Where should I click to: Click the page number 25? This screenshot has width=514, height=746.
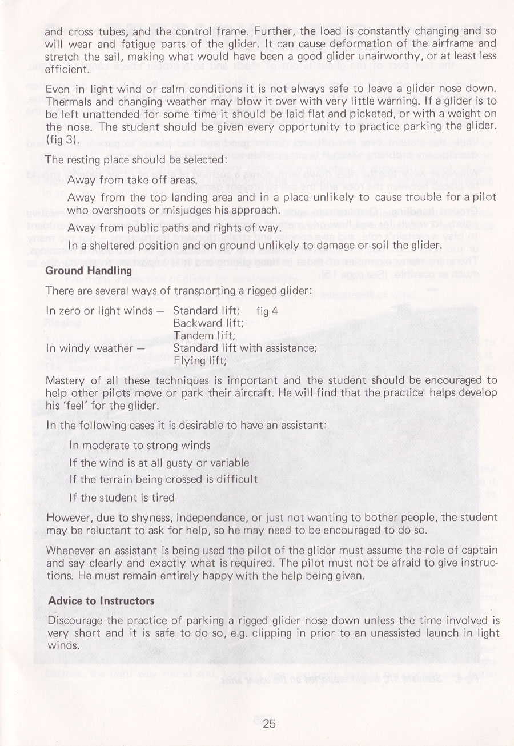point(270,724)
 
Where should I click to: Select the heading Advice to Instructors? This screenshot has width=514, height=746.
point(101,601)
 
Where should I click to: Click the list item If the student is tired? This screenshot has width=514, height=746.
point(121,497)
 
